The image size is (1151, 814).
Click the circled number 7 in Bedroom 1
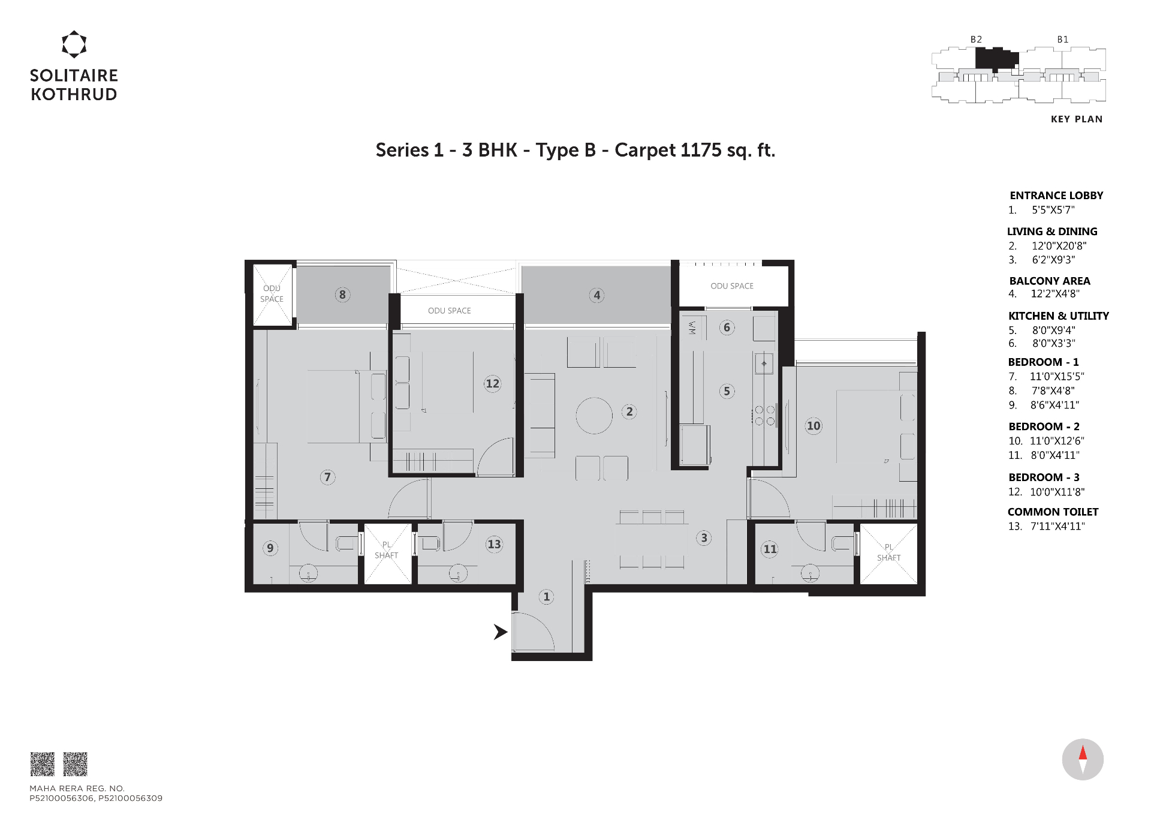[327, 477]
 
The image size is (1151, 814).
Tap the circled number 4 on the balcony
[596, 295]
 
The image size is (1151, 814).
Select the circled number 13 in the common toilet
[494, 544]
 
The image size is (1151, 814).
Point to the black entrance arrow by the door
[501, 632]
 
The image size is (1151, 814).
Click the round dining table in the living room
[594, 416]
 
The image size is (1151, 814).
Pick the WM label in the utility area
[692, 328]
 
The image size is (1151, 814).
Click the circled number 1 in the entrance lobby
[546, 597]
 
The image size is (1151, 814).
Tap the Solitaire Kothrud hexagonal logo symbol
[74, 44]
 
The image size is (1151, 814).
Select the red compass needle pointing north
[1083, 752]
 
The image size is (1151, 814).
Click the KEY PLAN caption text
[1077, 119]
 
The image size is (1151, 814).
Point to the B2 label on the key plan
[976, 40]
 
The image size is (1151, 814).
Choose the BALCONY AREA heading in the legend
[1050, 281]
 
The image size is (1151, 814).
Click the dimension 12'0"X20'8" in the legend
[1059, 246]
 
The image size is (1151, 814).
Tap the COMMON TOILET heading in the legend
[1053, 512]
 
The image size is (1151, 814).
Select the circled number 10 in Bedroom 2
[813, 426]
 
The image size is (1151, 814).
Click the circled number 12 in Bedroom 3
[493, 383]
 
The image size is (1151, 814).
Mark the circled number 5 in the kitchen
[727, 391]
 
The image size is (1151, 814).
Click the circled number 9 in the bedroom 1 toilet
[270, 548]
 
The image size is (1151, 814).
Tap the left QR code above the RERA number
[43, 764]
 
